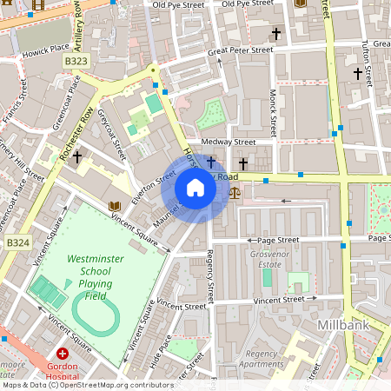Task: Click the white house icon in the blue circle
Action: point(195,188)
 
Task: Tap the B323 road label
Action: point(76,63)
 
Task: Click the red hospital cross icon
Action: point(63,354)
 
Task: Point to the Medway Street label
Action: point(228,142)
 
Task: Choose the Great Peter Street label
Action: point(240,53)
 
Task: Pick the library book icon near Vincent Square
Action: point(113,206)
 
